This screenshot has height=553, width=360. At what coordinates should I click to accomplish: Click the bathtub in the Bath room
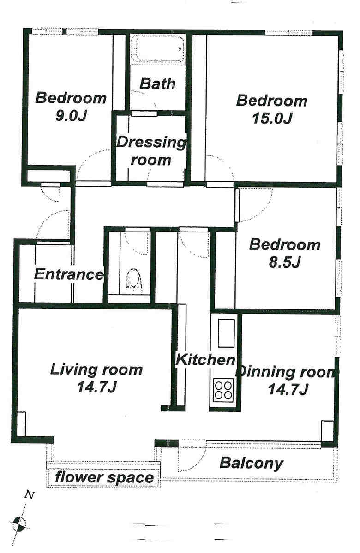pos(158,49)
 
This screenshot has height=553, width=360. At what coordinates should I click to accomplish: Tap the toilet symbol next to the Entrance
pos(133,280)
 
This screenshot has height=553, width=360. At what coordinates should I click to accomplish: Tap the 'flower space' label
pos(104,477)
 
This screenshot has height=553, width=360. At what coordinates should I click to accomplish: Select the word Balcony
pos(251,463)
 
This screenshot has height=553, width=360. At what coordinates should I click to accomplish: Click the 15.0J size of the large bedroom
pos(272,119)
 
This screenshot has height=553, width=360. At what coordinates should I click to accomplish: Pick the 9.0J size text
pos(71,116)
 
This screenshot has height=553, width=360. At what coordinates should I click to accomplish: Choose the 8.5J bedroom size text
pos(284,262)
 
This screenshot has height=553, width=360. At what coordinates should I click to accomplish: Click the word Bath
pos(157,83)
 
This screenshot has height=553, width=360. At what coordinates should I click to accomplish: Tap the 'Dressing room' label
pos(151,151)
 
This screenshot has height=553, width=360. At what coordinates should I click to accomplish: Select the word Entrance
pos(69,274)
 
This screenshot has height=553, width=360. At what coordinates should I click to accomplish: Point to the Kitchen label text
pos(205,359)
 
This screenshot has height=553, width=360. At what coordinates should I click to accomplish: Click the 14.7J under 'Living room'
pos(97,387)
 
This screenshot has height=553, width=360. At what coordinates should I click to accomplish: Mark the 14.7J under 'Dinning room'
pos(288,389)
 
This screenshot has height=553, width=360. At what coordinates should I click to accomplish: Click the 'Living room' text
pos(96,369)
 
